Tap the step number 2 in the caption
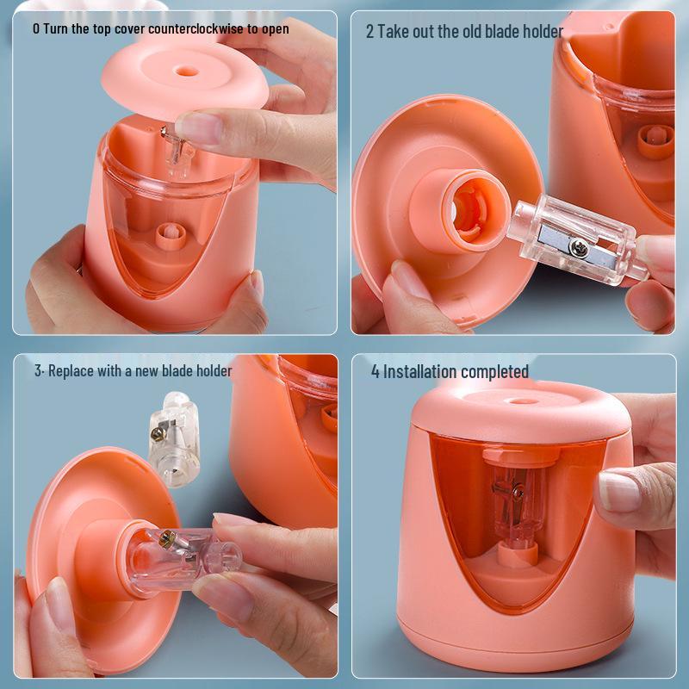369,32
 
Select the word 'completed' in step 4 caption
494,372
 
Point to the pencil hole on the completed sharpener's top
514,400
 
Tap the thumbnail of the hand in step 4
618,493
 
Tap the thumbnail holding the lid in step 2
406,282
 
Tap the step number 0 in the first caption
35,28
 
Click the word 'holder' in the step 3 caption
212,371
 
